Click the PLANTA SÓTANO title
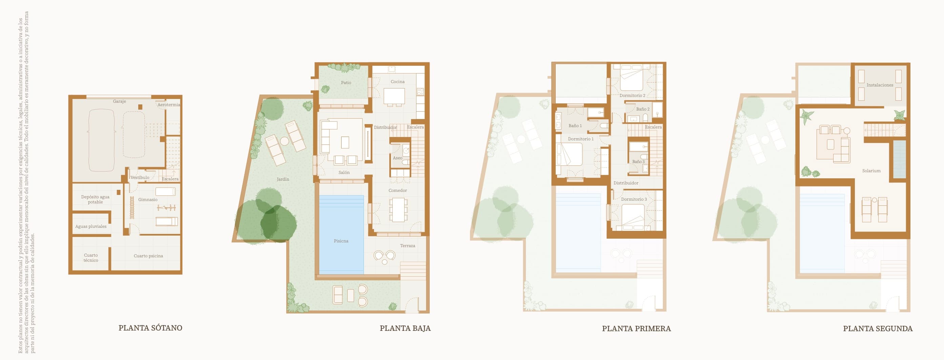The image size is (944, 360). tap(150, 328)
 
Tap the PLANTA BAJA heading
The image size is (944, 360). tap(405, 328)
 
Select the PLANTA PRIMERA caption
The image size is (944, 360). tap(636, 328)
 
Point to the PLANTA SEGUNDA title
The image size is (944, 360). tap(878, 328)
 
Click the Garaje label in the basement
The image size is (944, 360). tap(120, 101)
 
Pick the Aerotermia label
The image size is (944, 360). tap(169, 104)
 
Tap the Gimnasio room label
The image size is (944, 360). tap(148, 199)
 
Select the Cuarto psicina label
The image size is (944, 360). tap(148, 256)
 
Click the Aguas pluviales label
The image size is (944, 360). tap(91, 226)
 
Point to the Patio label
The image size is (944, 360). tap(346, 82)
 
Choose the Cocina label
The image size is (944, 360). tap(397, 81)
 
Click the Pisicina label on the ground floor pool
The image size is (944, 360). tap(341, 241)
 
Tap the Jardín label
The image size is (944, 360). tap(283, 179)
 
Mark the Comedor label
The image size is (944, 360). tap(397, 190)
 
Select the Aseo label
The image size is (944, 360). tap(397, 158)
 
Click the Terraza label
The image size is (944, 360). tap(408, 246)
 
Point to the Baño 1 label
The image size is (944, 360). tap(575, 126)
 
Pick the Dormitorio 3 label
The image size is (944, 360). tap(634, 199)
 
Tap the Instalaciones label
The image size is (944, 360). tap(880, 85)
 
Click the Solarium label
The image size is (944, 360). tap(871, 171)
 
